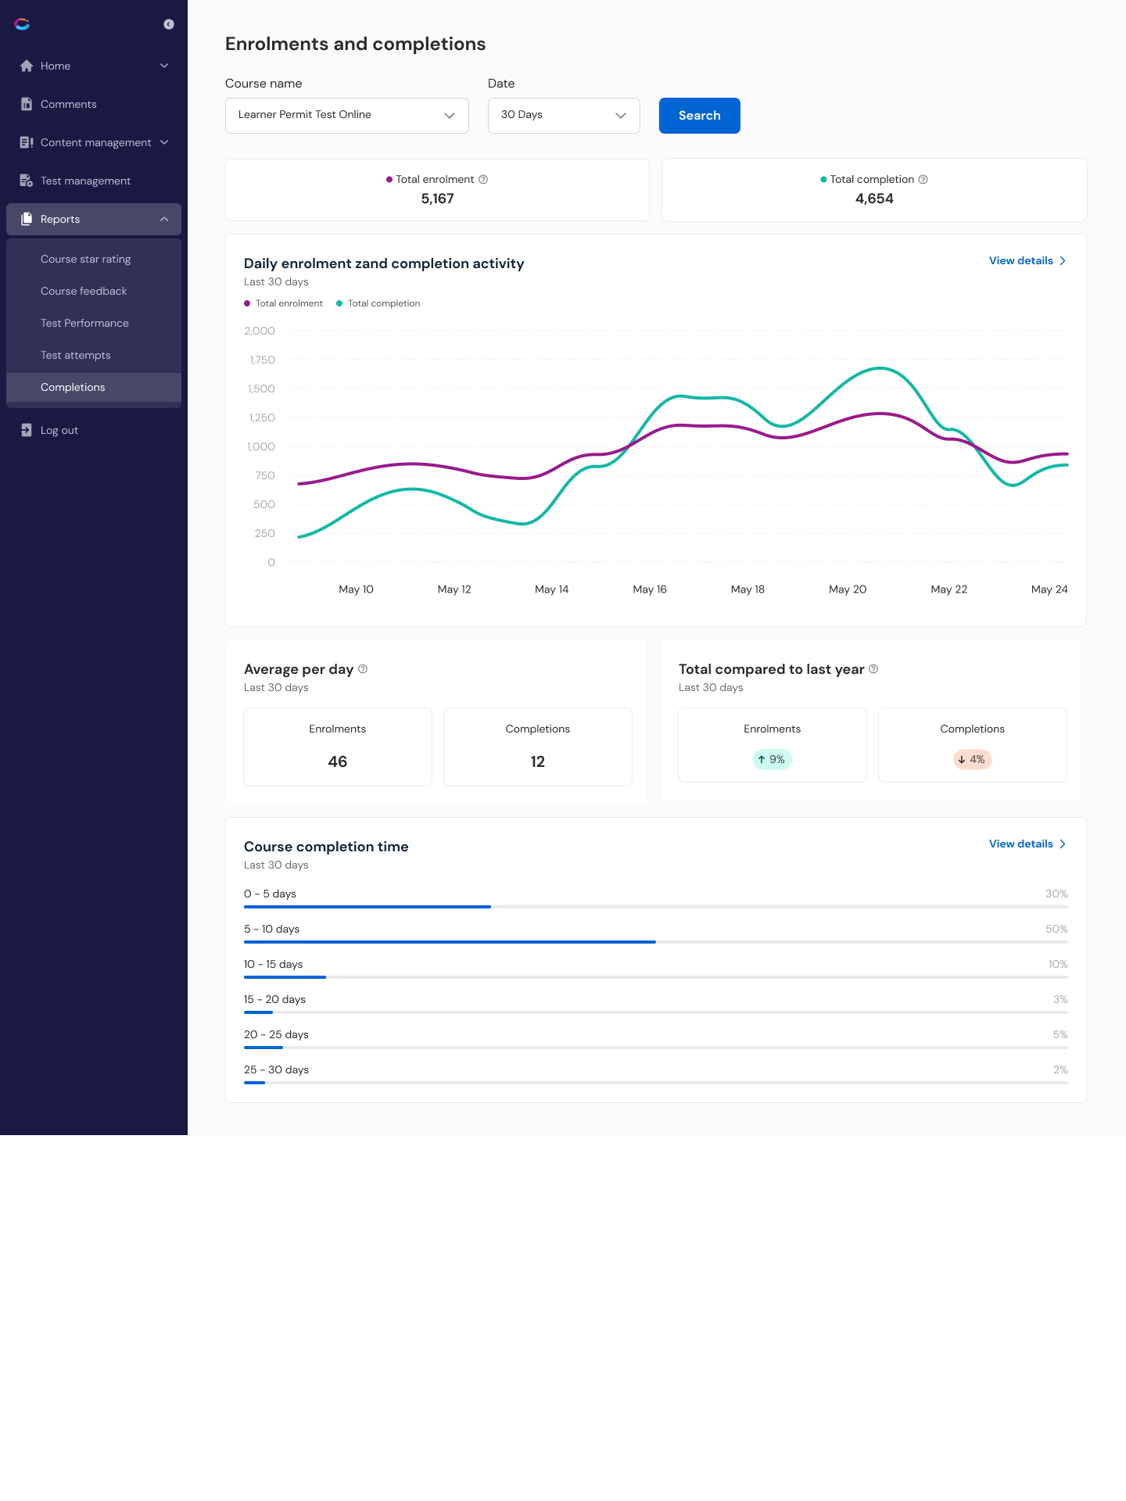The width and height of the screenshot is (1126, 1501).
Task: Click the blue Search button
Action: pyautogui.click(x=699, y=116)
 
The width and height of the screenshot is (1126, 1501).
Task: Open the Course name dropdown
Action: pyautogui.click(x=346, y=116)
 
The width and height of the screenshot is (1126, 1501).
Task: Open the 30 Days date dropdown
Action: pyautogui.click(x=563, y=116)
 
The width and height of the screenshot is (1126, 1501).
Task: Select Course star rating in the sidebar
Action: pyautogui.click(x=85, y=260)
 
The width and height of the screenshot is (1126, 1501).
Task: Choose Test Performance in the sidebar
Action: pyautogui.click(x=84, y=324)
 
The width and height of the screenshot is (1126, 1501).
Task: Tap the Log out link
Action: pyautogui.click(x=59, y=431)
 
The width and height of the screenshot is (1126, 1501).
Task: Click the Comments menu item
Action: pyautogui.click(x=68, y=105)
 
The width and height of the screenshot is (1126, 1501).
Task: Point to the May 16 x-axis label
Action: pyautogui.click(x=649, y=589)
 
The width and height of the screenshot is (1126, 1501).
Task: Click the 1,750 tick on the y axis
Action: pyautogui.click(x=262, y=360)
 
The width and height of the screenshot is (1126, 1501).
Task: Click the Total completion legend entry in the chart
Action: pyautogui.click(x=383, y=304)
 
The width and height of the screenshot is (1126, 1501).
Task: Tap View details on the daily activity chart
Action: pyautogui.click(x=1026, y=261)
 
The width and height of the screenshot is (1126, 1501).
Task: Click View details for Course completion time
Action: pyautogui.click(x=1026, y=844)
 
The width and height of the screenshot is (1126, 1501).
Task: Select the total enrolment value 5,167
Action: pyautogui.click(x=437, y=199)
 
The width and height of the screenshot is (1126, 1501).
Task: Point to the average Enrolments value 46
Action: pyautogui.click(x=337, y=762)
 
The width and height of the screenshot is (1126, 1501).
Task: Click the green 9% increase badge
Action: pyautogui.click(x=772, y=760)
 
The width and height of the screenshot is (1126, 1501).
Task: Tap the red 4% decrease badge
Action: pyautogui.click(x=972, y=760)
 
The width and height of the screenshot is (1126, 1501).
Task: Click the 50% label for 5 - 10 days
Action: pyautogui.click(x=1056, y=930)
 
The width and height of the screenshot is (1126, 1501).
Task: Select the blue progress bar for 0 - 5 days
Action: pyautogui.click(x=368, y=907)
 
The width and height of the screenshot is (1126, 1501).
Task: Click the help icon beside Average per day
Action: pyautogui.click(x=363, y=669)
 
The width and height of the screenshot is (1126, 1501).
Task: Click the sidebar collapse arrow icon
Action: pyautogui.click(x=168, y=25)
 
